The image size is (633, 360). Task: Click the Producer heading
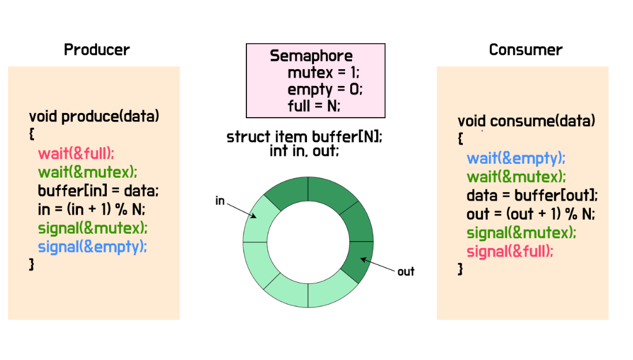[96, 50]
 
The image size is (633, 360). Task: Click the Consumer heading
[525, 50]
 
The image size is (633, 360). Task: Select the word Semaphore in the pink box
[311, 56]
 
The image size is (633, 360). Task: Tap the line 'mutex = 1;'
[323, 73]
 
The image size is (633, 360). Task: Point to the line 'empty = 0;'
[325, 89]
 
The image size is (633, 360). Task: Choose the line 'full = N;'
[314, 106]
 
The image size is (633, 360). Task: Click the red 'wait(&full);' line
[77, 153]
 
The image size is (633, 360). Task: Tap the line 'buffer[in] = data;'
[98, 190]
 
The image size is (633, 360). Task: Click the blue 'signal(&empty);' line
[92, 246]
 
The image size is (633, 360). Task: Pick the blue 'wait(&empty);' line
[516, 158]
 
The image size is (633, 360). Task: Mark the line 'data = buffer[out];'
[532, 195]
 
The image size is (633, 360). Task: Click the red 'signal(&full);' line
[510, 252]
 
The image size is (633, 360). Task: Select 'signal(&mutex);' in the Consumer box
[521, 233]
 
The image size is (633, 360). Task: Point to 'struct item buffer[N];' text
[304, 137]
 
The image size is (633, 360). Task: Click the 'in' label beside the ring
[220, 201]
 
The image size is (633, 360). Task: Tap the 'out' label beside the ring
[406, 271]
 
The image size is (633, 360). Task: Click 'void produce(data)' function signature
[93, 117]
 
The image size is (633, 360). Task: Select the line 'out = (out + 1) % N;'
[530, 214]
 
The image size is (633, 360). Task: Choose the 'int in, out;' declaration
[304, 151]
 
